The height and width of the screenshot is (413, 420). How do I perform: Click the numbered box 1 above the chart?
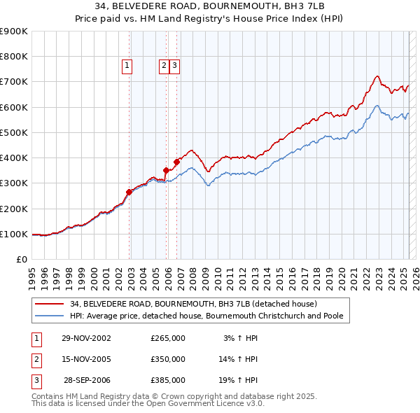point(127,66)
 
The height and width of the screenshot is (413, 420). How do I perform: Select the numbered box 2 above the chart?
point(164,66)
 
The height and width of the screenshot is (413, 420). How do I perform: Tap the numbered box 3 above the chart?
point(174,66)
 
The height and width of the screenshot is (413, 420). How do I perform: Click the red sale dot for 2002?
point(129,192)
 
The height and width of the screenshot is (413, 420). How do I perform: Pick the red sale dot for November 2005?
point(167,170)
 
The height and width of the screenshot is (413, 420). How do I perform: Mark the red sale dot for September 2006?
point(177,162)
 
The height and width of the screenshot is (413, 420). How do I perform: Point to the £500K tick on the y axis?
point(14,132)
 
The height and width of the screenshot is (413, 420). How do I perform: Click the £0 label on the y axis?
point(21,259)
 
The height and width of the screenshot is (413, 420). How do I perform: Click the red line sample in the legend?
point(50,304)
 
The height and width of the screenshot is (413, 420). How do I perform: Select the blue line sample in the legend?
point(50,316)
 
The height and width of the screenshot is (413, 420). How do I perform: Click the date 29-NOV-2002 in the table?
point(86,338)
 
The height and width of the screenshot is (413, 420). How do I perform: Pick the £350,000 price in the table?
point(167,359)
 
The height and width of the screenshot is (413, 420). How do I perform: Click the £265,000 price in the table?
point(167,338)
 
